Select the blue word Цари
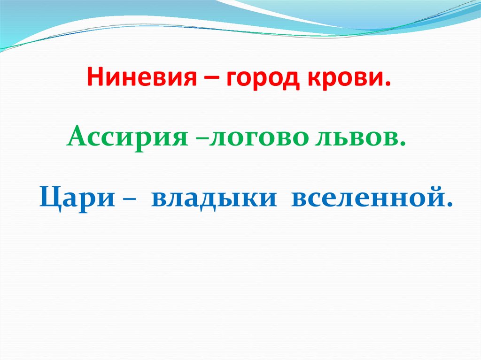coord(77,198)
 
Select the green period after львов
coord(403,144)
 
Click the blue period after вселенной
coord(451,205)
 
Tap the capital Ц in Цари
coord(48,198)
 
